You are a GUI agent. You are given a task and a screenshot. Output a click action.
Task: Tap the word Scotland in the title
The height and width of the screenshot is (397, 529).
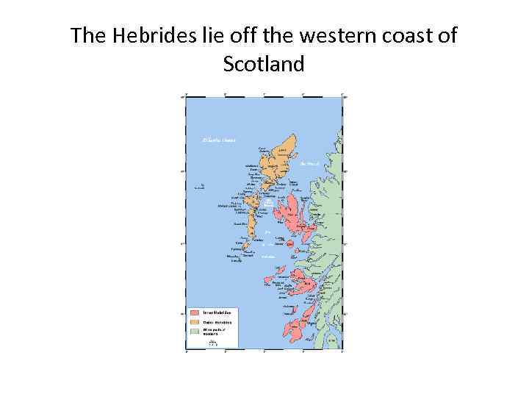click(x=264, y=65)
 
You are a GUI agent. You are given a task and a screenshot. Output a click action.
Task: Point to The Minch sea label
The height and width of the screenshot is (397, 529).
click(x=308, y=164)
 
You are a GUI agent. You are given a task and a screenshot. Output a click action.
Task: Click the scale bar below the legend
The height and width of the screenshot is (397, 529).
click(x=213, y=342)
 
